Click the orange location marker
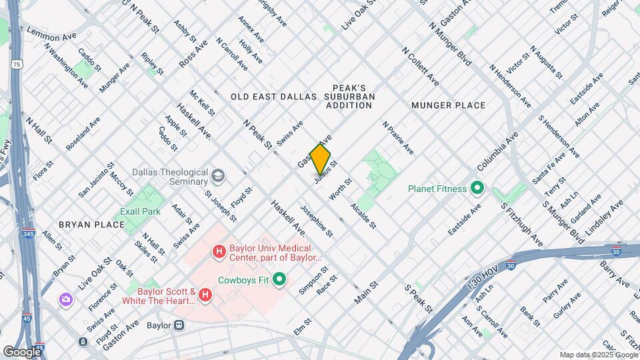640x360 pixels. pos(320,158)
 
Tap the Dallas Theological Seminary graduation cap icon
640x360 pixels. pos(218,176)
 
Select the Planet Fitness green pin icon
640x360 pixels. pos(477,189)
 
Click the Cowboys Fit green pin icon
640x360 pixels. pos(279,279)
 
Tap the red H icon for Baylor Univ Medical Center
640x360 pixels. pos(218,251)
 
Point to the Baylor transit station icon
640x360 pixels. pos(179,325)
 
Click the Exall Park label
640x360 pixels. pos(141,211)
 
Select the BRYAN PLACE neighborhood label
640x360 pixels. pos(91,225)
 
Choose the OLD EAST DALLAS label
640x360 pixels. pos(273,97)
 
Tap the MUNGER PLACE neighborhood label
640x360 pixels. pos(448,105)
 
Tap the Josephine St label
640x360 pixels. pos(316,220)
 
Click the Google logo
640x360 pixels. pos(22,351)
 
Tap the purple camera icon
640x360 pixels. pos(65,299)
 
